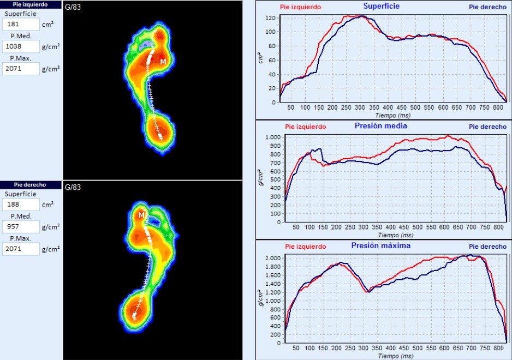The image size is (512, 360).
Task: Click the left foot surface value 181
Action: coord(21,25)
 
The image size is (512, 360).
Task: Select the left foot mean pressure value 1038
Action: coord(21,46)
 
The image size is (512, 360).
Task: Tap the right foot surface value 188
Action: coord(21,205)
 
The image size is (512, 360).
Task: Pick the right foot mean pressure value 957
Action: coord(21,226)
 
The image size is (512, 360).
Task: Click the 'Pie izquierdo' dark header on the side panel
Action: coord(31,4)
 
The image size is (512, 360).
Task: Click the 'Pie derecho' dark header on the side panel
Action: coord(31,184)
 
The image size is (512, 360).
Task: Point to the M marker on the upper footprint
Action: coord(163,62)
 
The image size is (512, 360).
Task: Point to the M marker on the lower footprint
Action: coord(141,215)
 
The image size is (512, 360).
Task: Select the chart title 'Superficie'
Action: coord(382,7)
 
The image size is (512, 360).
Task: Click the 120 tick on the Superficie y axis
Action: coord(270,17)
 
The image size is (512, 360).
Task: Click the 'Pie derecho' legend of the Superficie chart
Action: coord(487,8)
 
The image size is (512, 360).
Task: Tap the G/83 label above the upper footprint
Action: coord(73,7)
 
